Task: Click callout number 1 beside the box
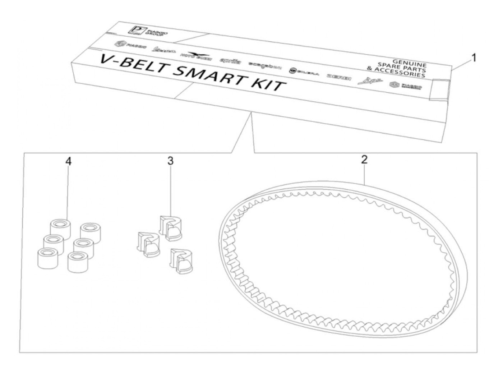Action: tap(474, 57)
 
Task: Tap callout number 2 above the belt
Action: tap(364, 160)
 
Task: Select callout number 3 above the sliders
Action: tap(170, 161)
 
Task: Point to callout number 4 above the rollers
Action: tap(68, 161)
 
